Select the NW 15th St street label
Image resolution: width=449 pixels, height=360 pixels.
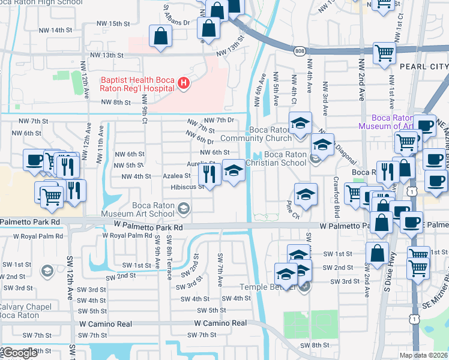click(109, 23)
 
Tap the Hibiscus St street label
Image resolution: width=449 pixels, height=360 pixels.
click(188, 187)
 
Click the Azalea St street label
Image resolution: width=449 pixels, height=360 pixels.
click(177, 176)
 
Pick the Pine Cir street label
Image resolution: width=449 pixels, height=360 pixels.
click(292, 214)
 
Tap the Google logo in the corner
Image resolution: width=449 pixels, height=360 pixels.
click(19, 353)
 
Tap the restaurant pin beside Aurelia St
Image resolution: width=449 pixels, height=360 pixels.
click(208, 173)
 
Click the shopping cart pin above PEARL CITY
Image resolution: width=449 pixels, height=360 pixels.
click(384, 52)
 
